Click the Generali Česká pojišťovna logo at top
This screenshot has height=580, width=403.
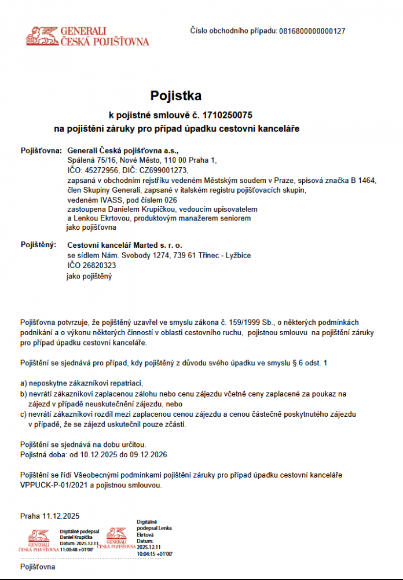click(x=87, y=35)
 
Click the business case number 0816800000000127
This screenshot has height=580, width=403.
click(x=312, y=31)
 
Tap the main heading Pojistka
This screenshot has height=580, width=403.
click(x=176, y=96)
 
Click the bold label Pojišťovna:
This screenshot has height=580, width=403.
click(x=41, y=150)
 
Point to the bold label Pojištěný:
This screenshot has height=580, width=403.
click(x=39, y=245)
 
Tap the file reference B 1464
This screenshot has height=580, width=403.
click(x=364, y=180)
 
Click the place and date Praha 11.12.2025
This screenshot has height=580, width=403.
click(x=50, y=516)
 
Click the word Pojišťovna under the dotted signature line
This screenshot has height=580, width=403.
click(x=38, y=567)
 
